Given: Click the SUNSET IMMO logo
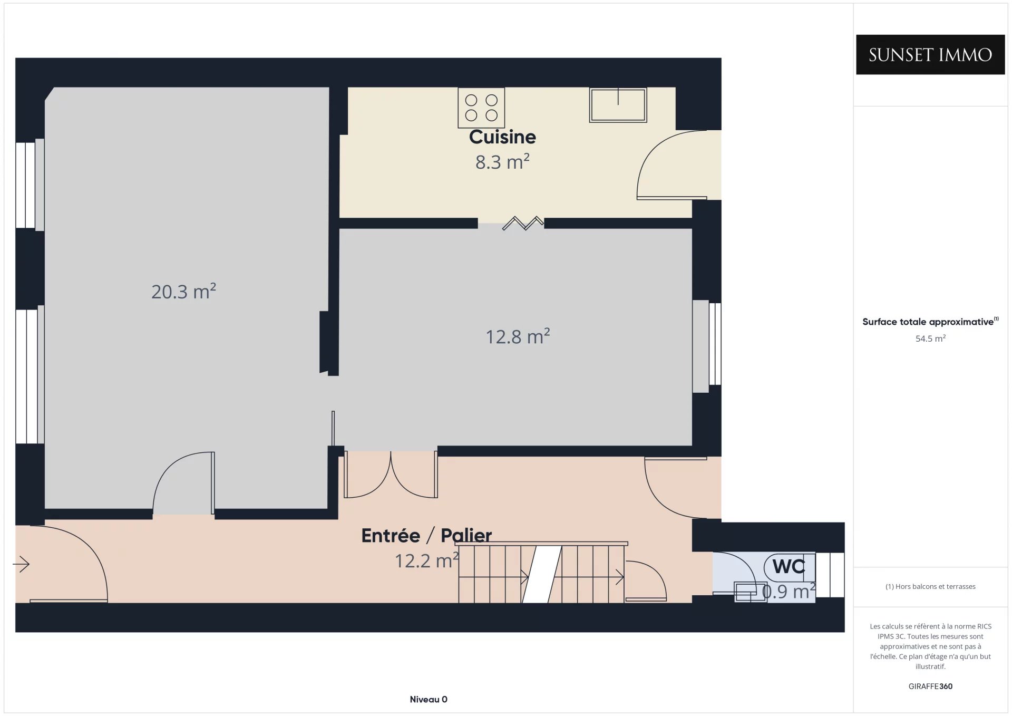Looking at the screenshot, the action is (x=930, y=54).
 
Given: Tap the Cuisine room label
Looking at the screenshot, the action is (x=502, y=137).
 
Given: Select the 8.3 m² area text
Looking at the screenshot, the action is (x=502, y=162).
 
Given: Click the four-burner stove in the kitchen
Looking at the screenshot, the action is (x=481, y=108).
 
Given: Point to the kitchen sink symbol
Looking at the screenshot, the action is (x=618, y=105).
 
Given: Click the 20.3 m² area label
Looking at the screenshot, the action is (x=183, y=291).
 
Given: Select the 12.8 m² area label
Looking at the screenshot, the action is (x=518, y=336).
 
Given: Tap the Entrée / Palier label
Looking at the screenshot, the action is (x=426, y=536).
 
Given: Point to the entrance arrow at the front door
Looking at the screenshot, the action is (x=21, y=564).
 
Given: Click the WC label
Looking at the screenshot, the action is (x=789, y=566).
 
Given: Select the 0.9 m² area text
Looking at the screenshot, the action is (x=789, y=592).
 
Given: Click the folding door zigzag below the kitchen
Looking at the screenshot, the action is (x=523, y=223).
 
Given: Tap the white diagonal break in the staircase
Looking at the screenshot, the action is (x=542, y=575).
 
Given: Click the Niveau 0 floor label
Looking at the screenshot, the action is (x=429, y=700).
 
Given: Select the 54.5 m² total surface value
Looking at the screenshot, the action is (x=930, y=338).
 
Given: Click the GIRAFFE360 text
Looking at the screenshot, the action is (x=930, y=686).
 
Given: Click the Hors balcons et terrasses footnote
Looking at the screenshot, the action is (x=930, y=586).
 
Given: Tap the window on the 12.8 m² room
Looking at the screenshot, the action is (x=707, y=346).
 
